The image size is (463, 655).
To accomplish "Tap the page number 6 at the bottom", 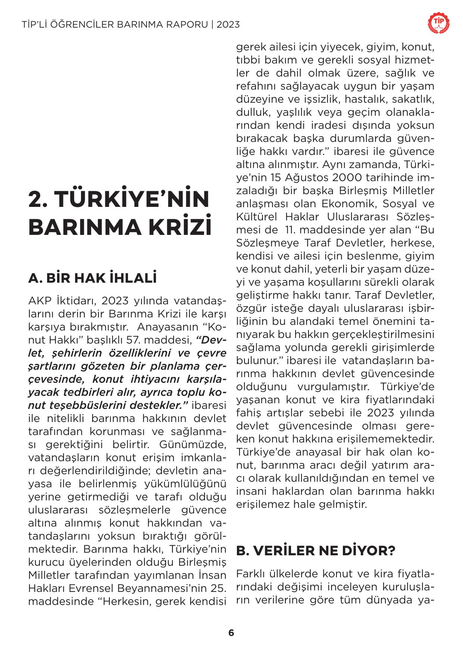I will click(x=231, y=633).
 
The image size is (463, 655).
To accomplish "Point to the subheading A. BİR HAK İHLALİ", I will click(x=92, y=278).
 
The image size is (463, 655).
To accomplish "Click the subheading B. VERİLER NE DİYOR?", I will click(x=316, y=551).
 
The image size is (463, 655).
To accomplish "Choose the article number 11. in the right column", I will click(x=294, y=230).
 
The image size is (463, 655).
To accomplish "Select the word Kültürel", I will click(x=256, y=217).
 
